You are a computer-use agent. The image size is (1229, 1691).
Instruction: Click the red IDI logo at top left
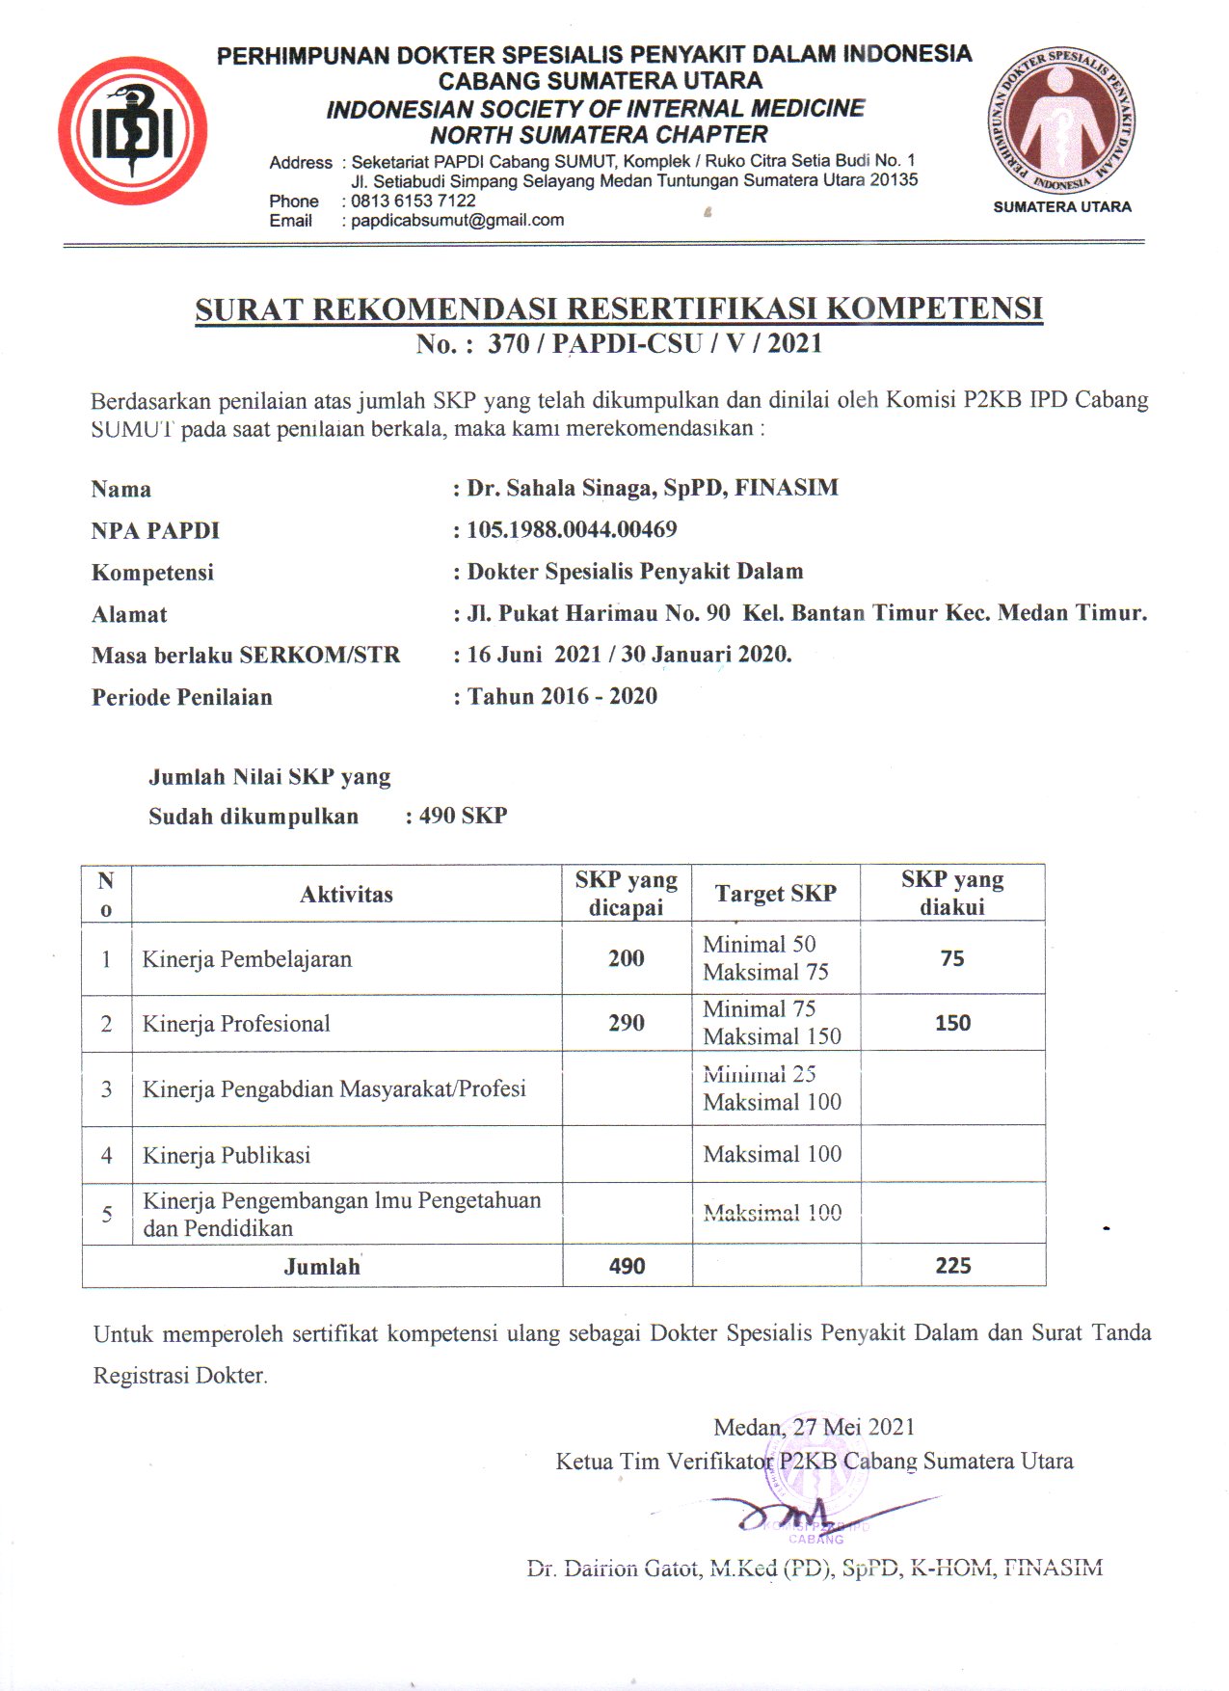click(133, 130)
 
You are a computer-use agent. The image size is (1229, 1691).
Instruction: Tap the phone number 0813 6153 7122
click(414, 201)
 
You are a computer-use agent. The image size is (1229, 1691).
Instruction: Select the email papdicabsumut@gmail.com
click(457, 220)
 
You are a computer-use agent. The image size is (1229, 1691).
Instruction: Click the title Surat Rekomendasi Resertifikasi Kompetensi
click(619, 309)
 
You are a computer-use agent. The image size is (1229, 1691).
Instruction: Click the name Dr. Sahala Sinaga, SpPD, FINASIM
click(653, 488)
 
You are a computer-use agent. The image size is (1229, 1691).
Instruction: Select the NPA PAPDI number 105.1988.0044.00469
click(572, 529)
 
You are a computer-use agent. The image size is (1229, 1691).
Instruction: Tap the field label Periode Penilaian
click(182, 697)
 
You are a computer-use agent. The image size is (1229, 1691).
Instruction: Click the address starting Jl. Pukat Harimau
click(807, 613)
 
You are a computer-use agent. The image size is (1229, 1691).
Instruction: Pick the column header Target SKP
click(775, 894)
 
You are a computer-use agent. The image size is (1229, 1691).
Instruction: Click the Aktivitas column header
click(346, 895)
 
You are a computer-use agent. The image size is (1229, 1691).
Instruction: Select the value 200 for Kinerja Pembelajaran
click(627, 958)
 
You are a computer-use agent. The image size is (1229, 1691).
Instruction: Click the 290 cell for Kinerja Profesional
click(627, 1023)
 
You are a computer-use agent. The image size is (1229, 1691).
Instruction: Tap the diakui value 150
click(952, 1023)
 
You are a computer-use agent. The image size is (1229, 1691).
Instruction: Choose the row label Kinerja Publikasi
click(227, 1155)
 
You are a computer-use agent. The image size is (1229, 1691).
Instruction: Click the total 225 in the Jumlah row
click(952, 1266)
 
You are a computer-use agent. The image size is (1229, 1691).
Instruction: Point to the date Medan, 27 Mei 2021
click(814, 1427)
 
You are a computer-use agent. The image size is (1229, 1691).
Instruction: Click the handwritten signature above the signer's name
click(790, 1513)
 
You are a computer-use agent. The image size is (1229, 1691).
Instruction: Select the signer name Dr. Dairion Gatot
click(814, 1569)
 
